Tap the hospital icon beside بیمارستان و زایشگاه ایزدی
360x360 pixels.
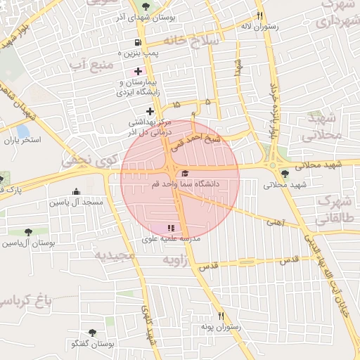[138, 71]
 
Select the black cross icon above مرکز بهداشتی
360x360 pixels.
[149, 111]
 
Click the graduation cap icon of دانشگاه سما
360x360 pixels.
[185, 173]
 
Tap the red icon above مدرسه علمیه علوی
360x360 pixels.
[170, 228]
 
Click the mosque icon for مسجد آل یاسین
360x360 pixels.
[76, 191]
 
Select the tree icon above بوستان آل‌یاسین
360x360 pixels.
[28, 231]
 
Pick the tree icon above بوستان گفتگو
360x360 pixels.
[92, 333]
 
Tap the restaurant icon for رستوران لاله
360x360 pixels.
[260, 15]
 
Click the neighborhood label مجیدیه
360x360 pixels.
[115, 255]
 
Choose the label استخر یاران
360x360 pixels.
[22, 140]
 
